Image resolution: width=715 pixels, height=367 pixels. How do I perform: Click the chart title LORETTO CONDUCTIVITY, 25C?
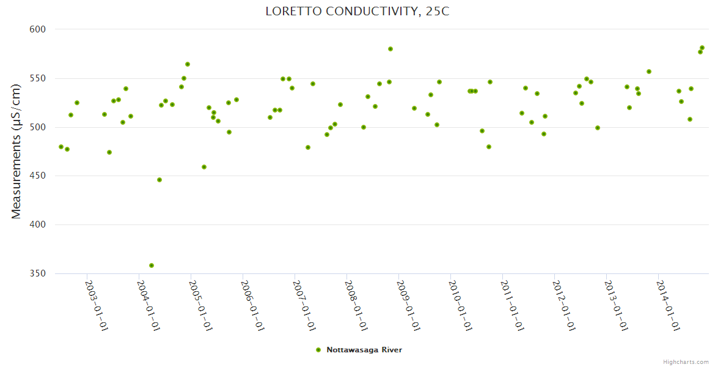(358, 11)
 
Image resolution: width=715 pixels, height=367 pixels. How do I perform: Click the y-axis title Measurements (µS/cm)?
(16, 151)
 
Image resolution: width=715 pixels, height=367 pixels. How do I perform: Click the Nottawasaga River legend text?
(364, 350)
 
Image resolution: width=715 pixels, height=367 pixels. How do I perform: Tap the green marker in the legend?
(318, 350)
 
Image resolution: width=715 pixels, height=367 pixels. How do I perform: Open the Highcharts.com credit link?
(686, 361)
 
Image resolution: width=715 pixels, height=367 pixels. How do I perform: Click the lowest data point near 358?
(152, 265)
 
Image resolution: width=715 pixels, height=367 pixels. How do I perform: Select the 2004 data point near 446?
(159, 180)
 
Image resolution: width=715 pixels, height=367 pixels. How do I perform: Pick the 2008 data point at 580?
(391, 49)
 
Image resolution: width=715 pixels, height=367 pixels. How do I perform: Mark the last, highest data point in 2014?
(702, 48)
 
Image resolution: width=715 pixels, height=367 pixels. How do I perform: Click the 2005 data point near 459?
(204, 167)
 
